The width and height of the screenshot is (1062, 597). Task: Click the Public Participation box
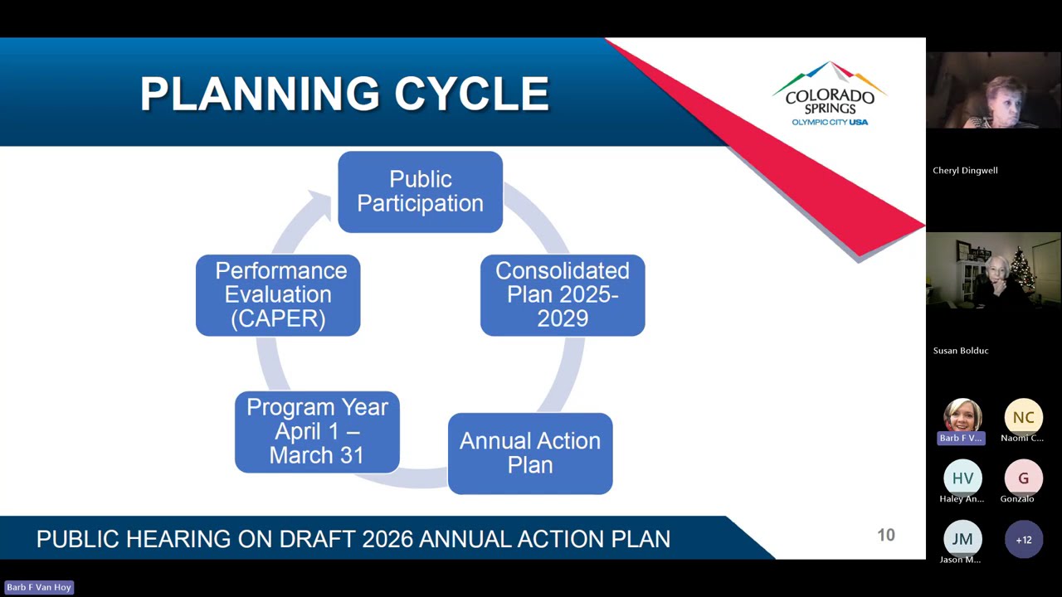420,192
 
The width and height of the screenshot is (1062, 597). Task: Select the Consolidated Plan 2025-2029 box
563,295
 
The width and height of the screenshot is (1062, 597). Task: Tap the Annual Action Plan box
530,453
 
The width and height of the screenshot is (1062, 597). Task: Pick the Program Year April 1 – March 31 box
317,432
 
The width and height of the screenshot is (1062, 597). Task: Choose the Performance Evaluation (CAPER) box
278,295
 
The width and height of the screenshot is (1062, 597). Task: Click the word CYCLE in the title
471,94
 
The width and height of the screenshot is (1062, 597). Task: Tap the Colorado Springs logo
829,94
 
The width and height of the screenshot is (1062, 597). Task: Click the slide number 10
886,536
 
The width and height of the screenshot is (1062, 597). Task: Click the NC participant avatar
1023,417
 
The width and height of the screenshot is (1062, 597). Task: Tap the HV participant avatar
962,478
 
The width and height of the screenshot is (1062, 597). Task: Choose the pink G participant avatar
1023,478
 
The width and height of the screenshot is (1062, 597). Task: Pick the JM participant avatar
962,539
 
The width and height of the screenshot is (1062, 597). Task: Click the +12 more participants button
1023,540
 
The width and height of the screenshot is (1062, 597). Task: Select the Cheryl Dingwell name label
965,171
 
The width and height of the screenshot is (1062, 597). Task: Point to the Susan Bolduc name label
961,351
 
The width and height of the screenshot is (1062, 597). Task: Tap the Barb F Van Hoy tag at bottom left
39,587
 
